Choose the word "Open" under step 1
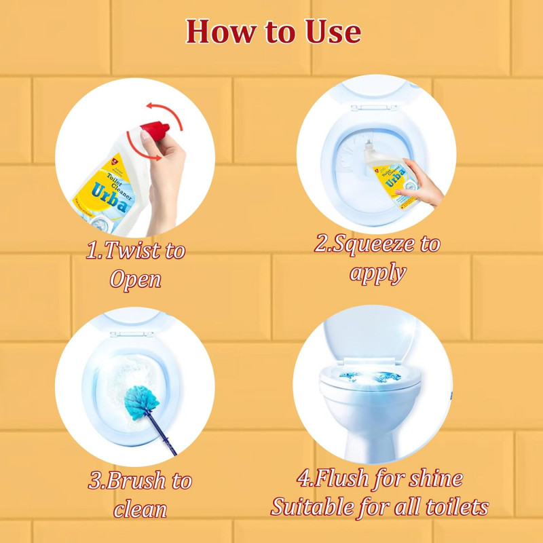pos(136,279)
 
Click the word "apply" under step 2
pos(377,272)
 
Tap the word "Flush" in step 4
pos(345,479)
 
